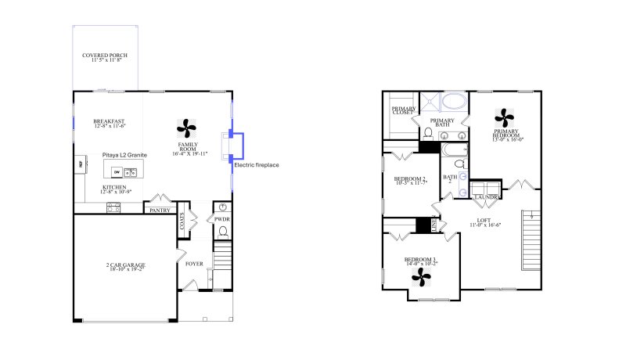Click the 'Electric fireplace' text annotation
(257, 165)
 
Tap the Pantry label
(160, 210)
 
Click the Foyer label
(193, 264)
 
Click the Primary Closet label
(403, 110)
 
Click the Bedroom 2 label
(409, 181)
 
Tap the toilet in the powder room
(222, 232)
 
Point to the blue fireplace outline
(242, 146)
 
